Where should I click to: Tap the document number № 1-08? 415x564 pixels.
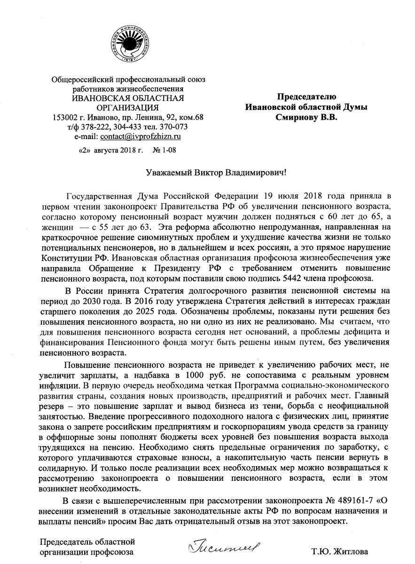[x=164, y=150]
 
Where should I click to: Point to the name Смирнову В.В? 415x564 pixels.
[x=306, y=117]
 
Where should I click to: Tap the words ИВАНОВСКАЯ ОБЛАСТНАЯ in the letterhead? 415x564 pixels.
[x=127, y=98]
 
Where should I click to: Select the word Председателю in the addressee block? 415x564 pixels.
[x=306, y=97]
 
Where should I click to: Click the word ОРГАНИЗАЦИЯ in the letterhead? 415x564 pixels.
[x=127, y=108]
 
